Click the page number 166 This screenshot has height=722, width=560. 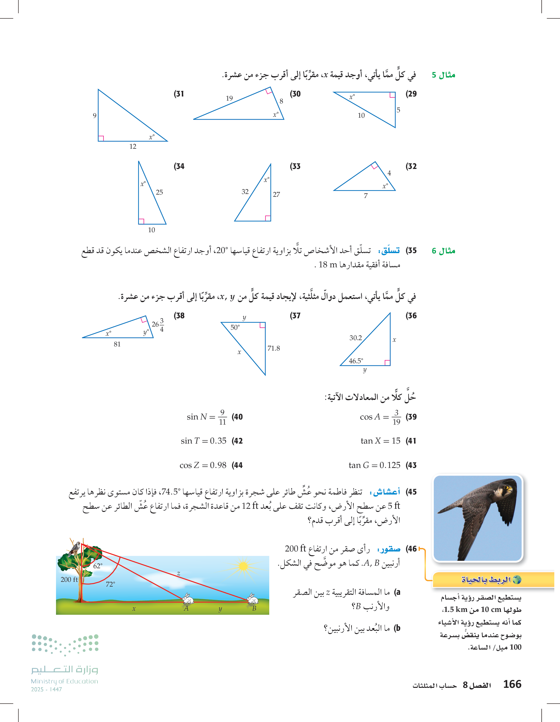(x=512, y=684)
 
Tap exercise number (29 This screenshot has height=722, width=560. (x=411, y=94)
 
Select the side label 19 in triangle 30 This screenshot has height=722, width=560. (x=229, y=98)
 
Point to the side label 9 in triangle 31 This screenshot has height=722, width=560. (x=95, y=115)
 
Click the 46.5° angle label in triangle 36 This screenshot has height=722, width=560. (x=356, y=361)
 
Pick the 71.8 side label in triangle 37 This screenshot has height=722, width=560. (x=274, y=348)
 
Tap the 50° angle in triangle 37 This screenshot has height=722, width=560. (x=235, y=327)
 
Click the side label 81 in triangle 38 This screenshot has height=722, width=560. (x=117, y=344)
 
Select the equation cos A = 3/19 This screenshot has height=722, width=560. (x=380, y=417)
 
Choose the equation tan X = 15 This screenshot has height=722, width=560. (x=381, y=441)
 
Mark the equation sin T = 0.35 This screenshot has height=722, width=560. (x=203, y=441)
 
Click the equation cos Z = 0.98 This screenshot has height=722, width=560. (x=203, y=465)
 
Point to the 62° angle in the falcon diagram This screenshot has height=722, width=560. (x=98, y=566)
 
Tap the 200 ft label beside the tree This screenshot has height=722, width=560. (x=69, y=580)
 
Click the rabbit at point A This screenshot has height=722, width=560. (x=188, y=598)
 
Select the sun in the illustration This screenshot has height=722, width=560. (x=243, y=566)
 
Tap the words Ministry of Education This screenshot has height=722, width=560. (x=65, y=681)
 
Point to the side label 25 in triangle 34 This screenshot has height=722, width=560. (x=159, y=192)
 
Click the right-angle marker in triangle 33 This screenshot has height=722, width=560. (x=268, y=218)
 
